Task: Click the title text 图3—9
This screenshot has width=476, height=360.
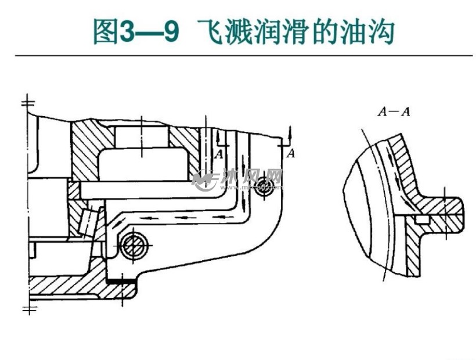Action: click(x=135, y=32)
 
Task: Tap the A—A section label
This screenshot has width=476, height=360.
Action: click(x=394, y=111)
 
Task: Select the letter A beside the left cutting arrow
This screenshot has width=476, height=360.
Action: click(x=219, y=154)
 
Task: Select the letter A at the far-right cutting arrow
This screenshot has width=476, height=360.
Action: click(x=291, y=153)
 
